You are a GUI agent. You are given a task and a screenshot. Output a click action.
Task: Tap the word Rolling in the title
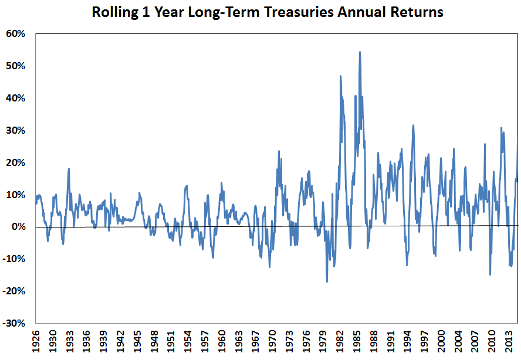tap(114, 12)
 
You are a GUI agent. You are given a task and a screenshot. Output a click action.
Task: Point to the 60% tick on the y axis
tap(16, 34)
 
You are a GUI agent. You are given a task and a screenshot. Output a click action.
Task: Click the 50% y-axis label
tap(16, 66)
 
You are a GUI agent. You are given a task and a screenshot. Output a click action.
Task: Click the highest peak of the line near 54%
tap(360, 52)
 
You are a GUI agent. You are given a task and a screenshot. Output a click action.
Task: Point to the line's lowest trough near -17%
tap(327, 281)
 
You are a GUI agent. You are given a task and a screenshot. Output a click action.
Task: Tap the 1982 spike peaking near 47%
tap(340, 76)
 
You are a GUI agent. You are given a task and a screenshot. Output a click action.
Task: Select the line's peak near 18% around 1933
tap(69, 169)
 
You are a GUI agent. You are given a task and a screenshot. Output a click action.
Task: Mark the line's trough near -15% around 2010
tap(490, 274)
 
